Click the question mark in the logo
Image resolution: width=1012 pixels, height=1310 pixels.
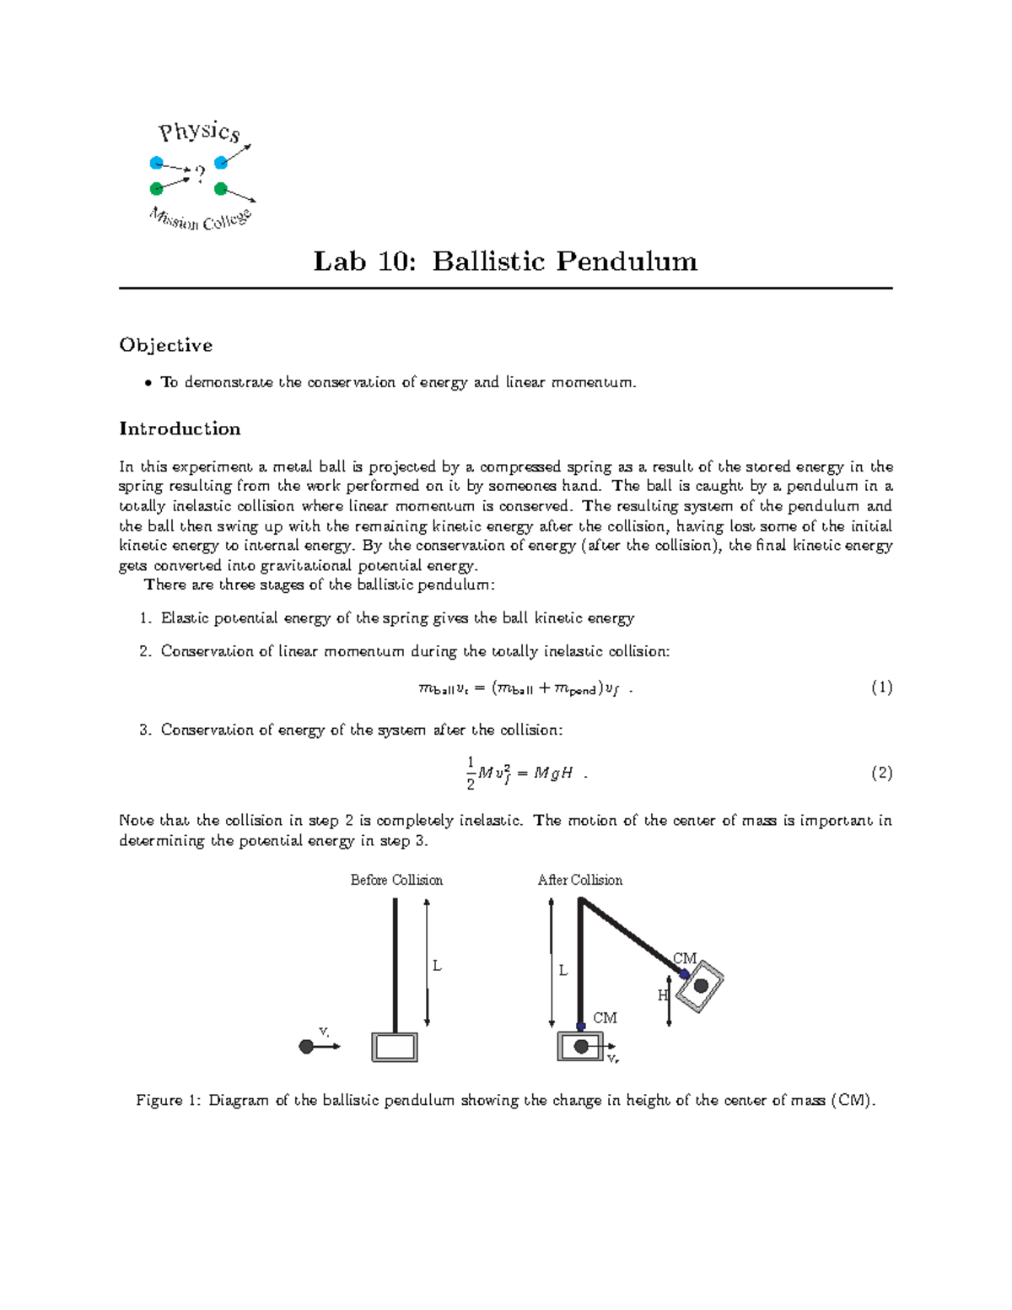coord(200,174)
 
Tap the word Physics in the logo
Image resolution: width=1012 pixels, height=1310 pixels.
coord(200,132)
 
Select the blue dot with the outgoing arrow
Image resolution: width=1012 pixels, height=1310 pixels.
coord(221,162)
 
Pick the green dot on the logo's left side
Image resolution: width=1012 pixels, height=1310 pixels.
coord(156,188)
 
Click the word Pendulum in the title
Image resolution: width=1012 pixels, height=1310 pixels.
coord(627,261)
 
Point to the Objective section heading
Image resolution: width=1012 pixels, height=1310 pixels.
coord(165,345)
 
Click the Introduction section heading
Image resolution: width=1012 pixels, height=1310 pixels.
coord(180,429)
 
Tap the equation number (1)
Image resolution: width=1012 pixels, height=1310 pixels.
coord(881,687)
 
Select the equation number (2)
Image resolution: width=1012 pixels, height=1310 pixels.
coord(881,773)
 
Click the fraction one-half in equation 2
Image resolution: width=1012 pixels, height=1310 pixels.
coord(471,773)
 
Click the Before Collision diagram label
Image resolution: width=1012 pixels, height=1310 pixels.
coord(396,880)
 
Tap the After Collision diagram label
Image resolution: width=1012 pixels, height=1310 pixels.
coord(580,880)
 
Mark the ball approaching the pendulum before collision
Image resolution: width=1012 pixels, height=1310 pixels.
coord(306,1047)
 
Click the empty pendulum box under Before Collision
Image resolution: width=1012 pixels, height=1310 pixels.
coord(395,1047)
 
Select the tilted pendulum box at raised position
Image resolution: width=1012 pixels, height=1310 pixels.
coord(700,986)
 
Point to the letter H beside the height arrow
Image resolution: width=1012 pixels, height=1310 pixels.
coord(663,995)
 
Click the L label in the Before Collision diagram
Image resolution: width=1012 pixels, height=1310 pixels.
coord(437,966)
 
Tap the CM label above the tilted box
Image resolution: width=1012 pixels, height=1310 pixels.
coord(684,958)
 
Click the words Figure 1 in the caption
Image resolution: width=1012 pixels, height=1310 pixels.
coord(169,1100)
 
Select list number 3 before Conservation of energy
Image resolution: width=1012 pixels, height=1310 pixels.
coord(144,730)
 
